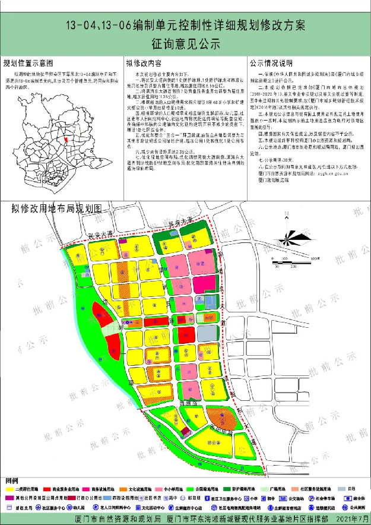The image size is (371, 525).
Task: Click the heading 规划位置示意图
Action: coord(31,63)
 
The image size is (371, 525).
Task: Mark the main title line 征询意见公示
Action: coord(185,43)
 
